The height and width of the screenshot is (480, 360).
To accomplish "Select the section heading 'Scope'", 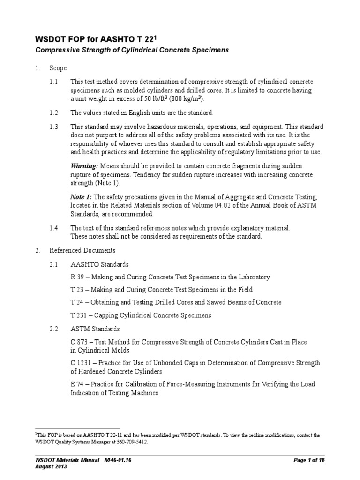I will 58,68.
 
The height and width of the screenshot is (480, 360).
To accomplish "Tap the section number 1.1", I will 54,82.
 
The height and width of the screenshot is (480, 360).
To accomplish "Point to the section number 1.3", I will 54,127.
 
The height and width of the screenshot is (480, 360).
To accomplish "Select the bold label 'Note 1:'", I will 81,197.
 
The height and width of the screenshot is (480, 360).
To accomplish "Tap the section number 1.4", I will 54,228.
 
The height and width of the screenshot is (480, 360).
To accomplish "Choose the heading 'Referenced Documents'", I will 82,250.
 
